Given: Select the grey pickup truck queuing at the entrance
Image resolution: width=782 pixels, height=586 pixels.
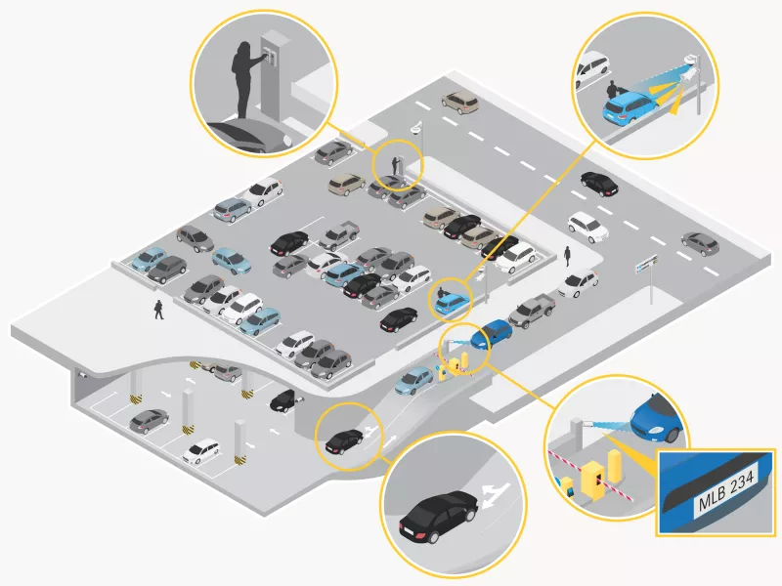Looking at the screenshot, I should click(532, 310).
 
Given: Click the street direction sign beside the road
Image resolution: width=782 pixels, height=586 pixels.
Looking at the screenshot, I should click(646, 262).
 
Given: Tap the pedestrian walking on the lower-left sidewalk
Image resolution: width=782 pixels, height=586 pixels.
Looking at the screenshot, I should click(158, 310).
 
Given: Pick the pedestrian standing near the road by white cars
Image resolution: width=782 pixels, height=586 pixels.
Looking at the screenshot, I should click(566, 256).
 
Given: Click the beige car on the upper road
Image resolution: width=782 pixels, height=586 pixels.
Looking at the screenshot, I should click(458, 100).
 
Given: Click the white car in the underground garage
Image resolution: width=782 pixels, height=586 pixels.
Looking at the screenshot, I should click(201, 450).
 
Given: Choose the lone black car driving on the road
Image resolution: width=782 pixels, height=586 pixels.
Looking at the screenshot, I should click(596, 181).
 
